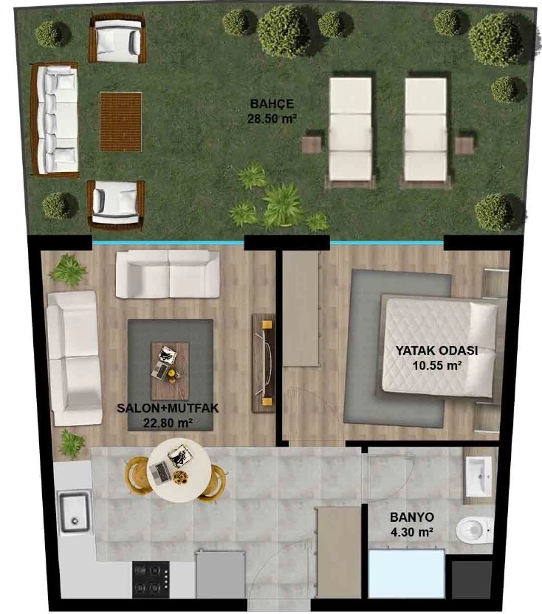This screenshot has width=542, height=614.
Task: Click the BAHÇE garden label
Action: (x=272, y=104)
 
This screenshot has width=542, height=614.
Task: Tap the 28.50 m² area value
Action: (x=272, y=119)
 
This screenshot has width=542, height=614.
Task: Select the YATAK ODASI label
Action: (x=436, y=351)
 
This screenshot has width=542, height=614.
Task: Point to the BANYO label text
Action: (x=412, y=517)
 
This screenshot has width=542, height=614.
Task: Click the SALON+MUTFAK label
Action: (x=168, y=408)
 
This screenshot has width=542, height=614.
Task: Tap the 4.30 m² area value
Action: (x=412, y=532)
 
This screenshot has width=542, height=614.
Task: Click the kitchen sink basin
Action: (x=74, y=512)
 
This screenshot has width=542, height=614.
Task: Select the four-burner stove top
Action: (x=151, y=579)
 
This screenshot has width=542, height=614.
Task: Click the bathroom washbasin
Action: (x=478, y=476)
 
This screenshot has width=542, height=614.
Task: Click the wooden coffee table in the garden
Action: (x=120, y=122)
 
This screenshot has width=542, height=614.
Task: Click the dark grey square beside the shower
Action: (x=471, y=579)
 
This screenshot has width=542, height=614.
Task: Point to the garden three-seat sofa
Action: (x=55, y=120)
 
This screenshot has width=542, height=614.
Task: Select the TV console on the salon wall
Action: (x=264, y=363)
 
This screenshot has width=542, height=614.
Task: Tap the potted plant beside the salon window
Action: (x=67, y=270)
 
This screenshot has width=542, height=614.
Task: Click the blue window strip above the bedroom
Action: (x=387, y=244)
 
